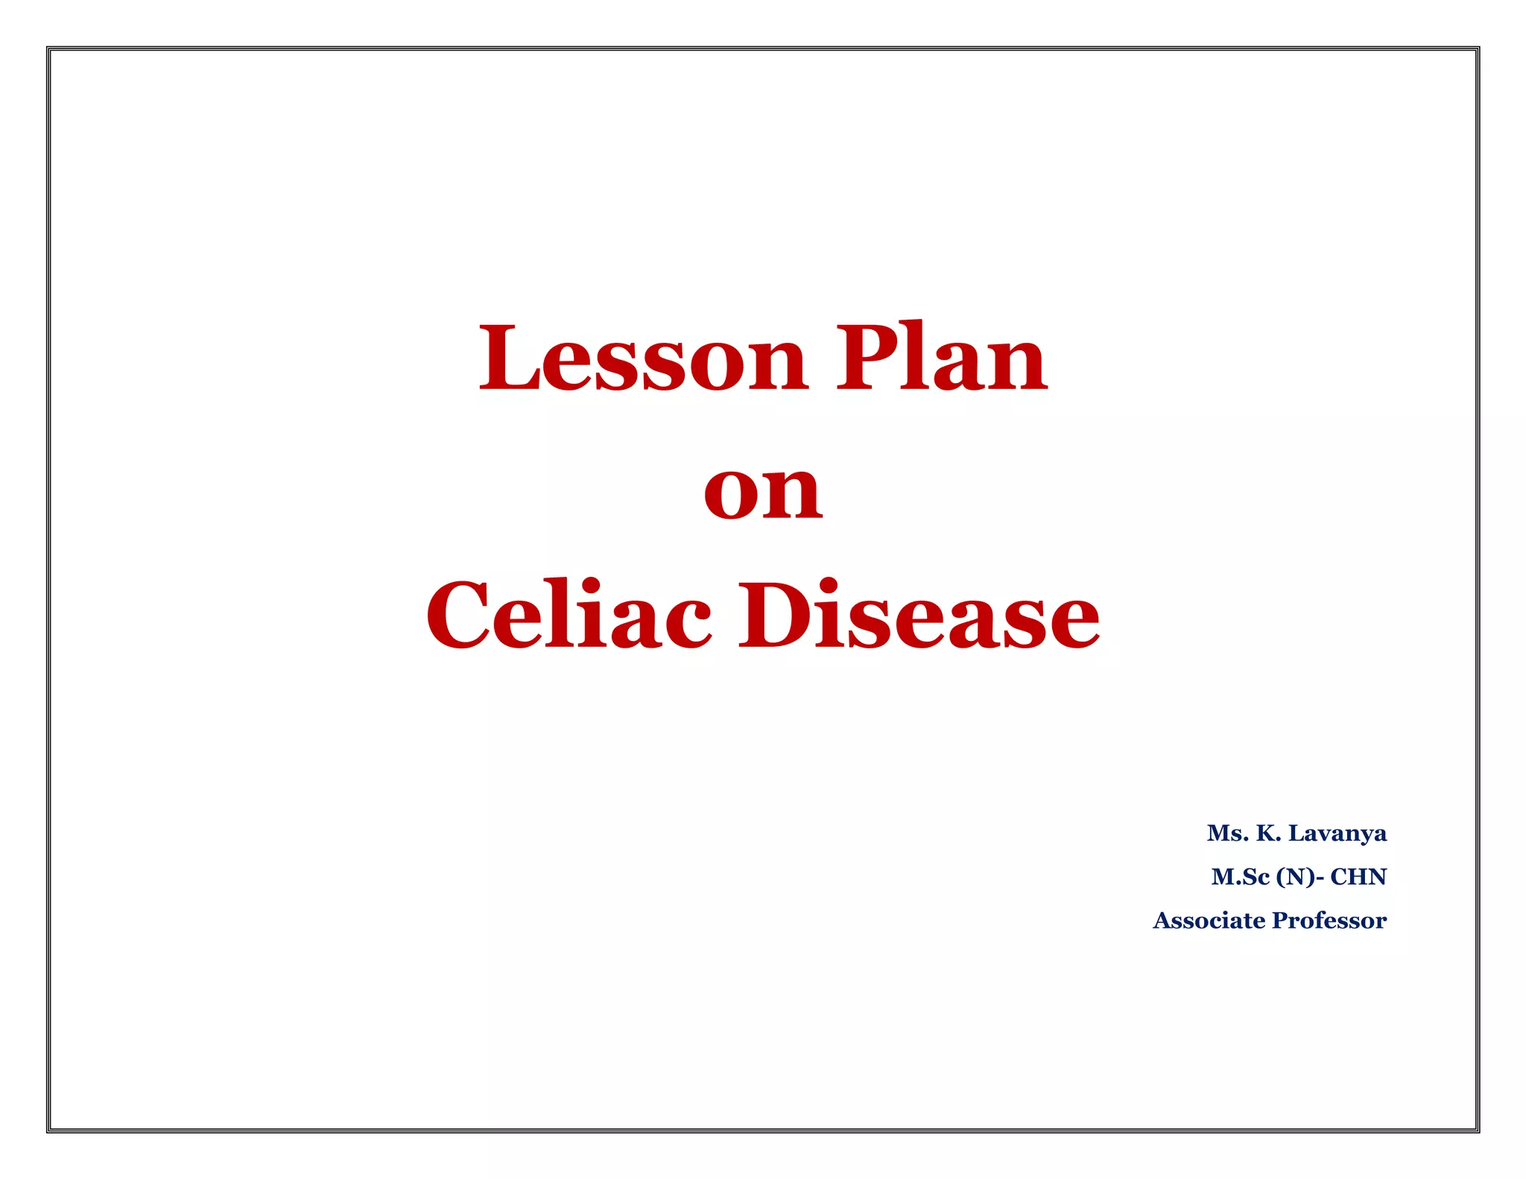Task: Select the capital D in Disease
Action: click(x=775, y=616)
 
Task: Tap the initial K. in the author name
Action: click(x=1268, y=832)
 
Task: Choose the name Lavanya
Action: click(x=1337, y=833)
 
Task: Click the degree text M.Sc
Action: click(x=1240, y=876)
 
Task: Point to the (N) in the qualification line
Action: click(x=1295, y=876)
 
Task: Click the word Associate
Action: click(x=1209, y=920)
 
